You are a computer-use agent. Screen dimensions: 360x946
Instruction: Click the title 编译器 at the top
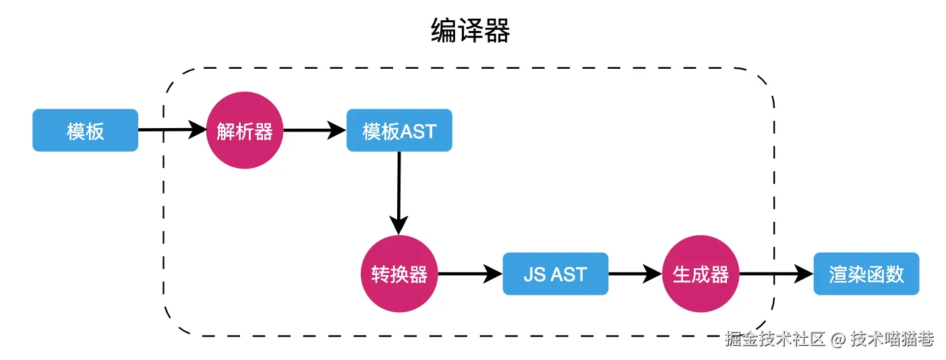470,31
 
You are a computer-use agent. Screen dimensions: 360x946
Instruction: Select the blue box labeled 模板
86,131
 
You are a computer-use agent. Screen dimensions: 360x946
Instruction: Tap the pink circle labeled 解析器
245,131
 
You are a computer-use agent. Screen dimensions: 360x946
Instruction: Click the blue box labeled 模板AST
399,131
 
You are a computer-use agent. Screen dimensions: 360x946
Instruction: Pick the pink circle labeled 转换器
399,274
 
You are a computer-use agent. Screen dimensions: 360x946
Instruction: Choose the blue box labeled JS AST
556,274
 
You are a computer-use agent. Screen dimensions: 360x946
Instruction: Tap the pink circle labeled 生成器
701,274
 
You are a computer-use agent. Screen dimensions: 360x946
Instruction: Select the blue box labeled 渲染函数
866,274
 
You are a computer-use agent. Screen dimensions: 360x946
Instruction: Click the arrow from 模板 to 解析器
172,130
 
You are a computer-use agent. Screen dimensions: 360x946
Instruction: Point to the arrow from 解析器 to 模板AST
314,130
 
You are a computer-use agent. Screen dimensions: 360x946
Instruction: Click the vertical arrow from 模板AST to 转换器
399,192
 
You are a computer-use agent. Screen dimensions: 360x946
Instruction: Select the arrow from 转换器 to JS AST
469,274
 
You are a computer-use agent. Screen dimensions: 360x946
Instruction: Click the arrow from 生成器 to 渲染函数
775,274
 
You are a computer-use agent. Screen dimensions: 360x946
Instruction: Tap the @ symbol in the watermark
837,339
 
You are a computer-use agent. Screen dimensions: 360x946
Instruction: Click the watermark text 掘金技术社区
775,339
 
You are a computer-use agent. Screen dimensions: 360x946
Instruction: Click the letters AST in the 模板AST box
419,131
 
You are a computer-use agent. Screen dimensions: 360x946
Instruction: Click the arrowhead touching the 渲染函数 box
804,274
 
